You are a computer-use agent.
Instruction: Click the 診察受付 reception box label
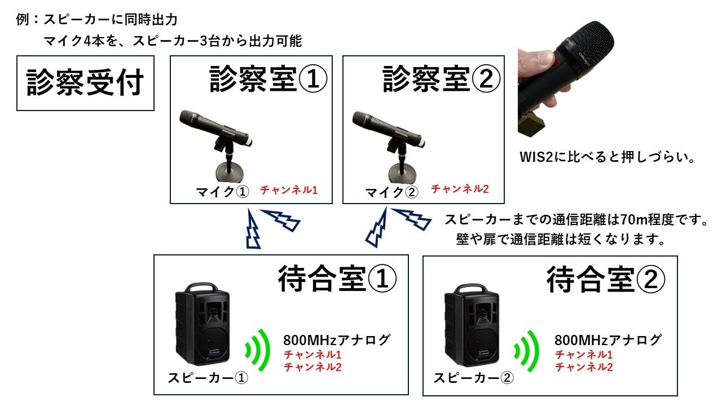85,83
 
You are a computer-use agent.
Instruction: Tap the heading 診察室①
268,79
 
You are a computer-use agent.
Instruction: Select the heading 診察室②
442,79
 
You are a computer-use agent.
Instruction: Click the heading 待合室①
337,279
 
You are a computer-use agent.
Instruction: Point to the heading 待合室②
606,279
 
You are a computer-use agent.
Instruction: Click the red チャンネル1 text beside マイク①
289,190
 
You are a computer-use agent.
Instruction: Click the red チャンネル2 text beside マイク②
460,189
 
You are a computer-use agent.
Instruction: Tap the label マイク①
222,192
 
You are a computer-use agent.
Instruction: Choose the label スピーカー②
473,378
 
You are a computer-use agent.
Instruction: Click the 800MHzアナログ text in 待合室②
607,340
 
